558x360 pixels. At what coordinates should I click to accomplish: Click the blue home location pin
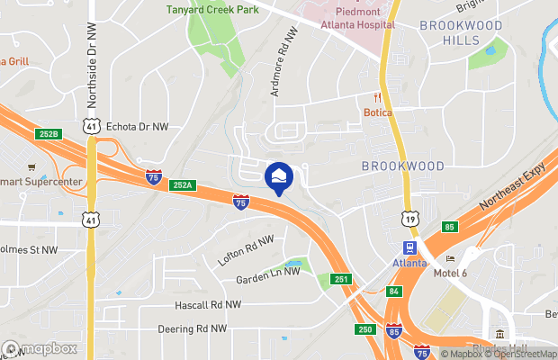[x=278, y=177]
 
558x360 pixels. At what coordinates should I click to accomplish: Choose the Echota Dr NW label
[x=136, y=127]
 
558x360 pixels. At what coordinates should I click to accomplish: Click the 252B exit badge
[x=49, y=134]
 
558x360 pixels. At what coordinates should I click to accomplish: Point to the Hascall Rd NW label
[x=208, y=306]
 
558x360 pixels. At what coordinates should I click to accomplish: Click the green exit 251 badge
[x=340, y=280]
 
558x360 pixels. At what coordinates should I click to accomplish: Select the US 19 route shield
[x=409, y=217]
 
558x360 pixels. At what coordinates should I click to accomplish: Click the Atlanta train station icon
[x=409, y=247]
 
